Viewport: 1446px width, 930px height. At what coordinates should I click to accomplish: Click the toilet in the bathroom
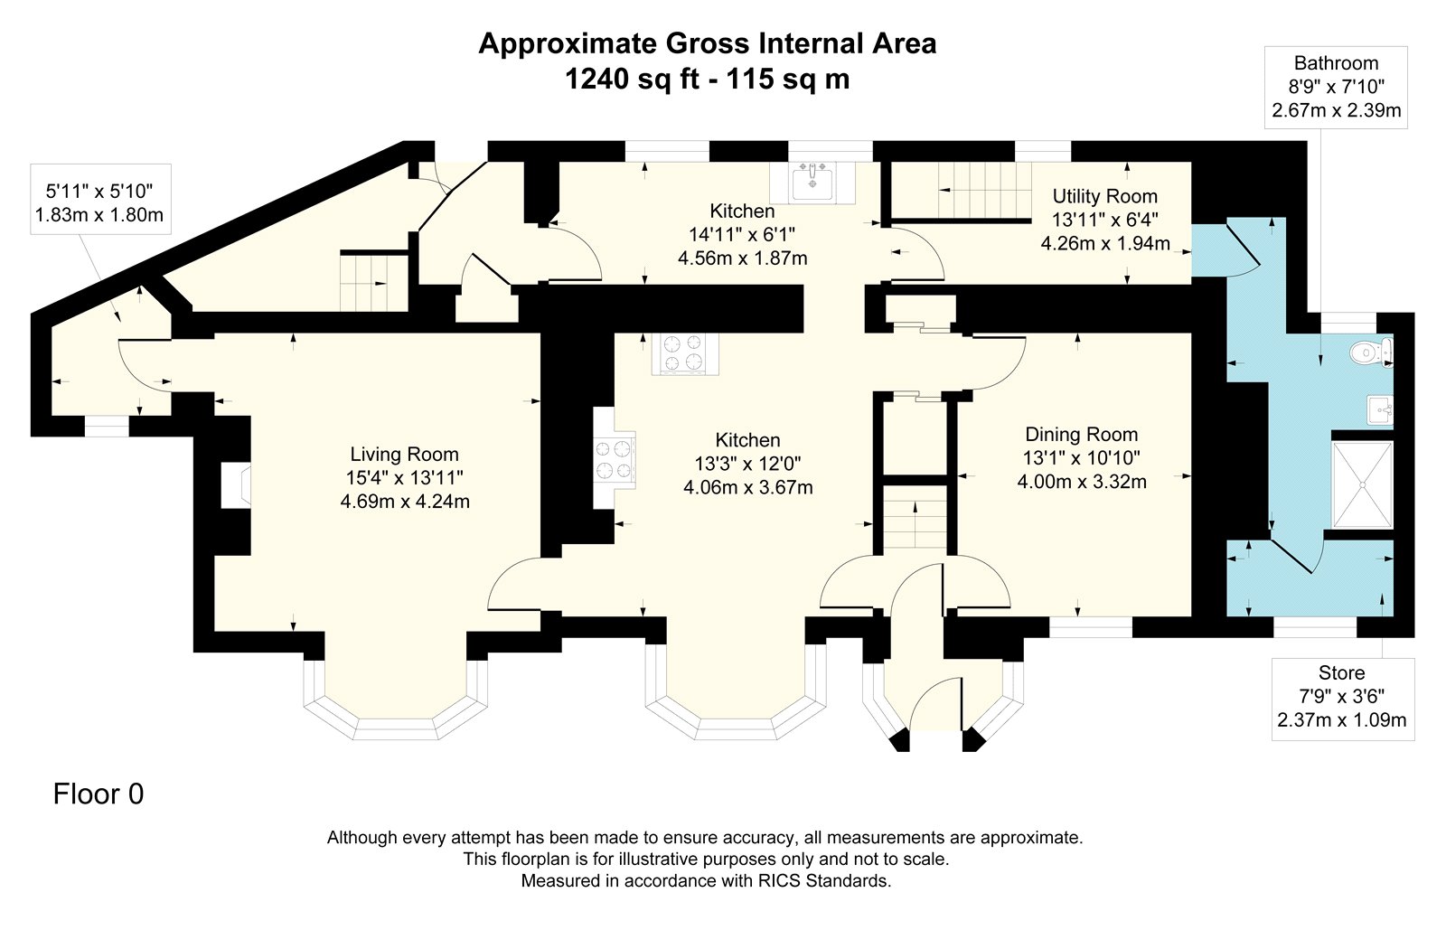tap(1371, 352)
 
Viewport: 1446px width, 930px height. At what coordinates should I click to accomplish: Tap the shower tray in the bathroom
tap(1363, 484)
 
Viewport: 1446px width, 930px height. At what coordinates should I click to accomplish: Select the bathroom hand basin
tap(1381, 409)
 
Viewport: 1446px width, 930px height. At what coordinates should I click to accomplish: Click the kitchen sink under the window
tap(812, 183)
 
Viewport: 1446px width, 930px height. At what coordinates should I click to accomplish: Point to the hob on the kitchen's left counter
tap(615, 459)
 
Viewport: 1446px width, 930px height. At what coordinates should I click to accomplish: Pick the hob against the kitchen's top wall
tap(685, 353)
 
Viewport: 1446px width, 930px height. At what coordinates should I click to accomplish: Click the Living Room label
tap(404, 455)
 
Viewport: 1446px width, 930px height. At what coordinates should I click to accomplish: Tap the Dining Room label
tap(1081, 435)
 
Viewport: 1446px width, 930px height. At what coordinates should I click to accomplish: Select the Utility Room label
tap(1104, 196)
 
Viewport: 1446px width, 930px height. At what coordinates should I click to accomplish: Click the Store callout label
tap(1341, 673)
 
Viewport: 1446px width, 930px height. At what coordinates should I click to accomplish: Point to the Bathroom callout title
tap(1336, 63)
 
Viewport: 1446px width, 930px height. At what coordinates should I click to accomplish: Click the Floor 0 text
tap(99, 794)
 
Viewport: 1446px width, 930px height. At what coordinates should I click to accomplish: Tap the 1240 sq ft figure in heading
tap(632, 80)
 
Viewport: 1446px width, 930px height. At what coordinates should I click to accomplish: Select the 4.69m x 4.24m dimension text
tap(405, 502)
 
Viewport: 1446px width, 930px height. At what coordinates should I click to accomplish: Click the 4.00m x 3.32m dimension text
tap(1082, 482)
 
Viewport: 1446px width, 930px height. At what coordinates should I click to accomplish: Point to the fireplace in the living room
tap(236, 484)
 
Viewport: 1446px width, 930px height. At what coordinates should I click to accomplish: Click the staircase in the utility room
tap(984, 191)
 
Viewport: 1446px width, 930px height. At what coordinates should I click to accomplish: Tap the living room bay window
tap(395, 702)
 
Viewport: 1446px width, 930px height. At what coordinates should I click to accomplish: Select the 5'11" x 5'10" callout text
tap(99, 191)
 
